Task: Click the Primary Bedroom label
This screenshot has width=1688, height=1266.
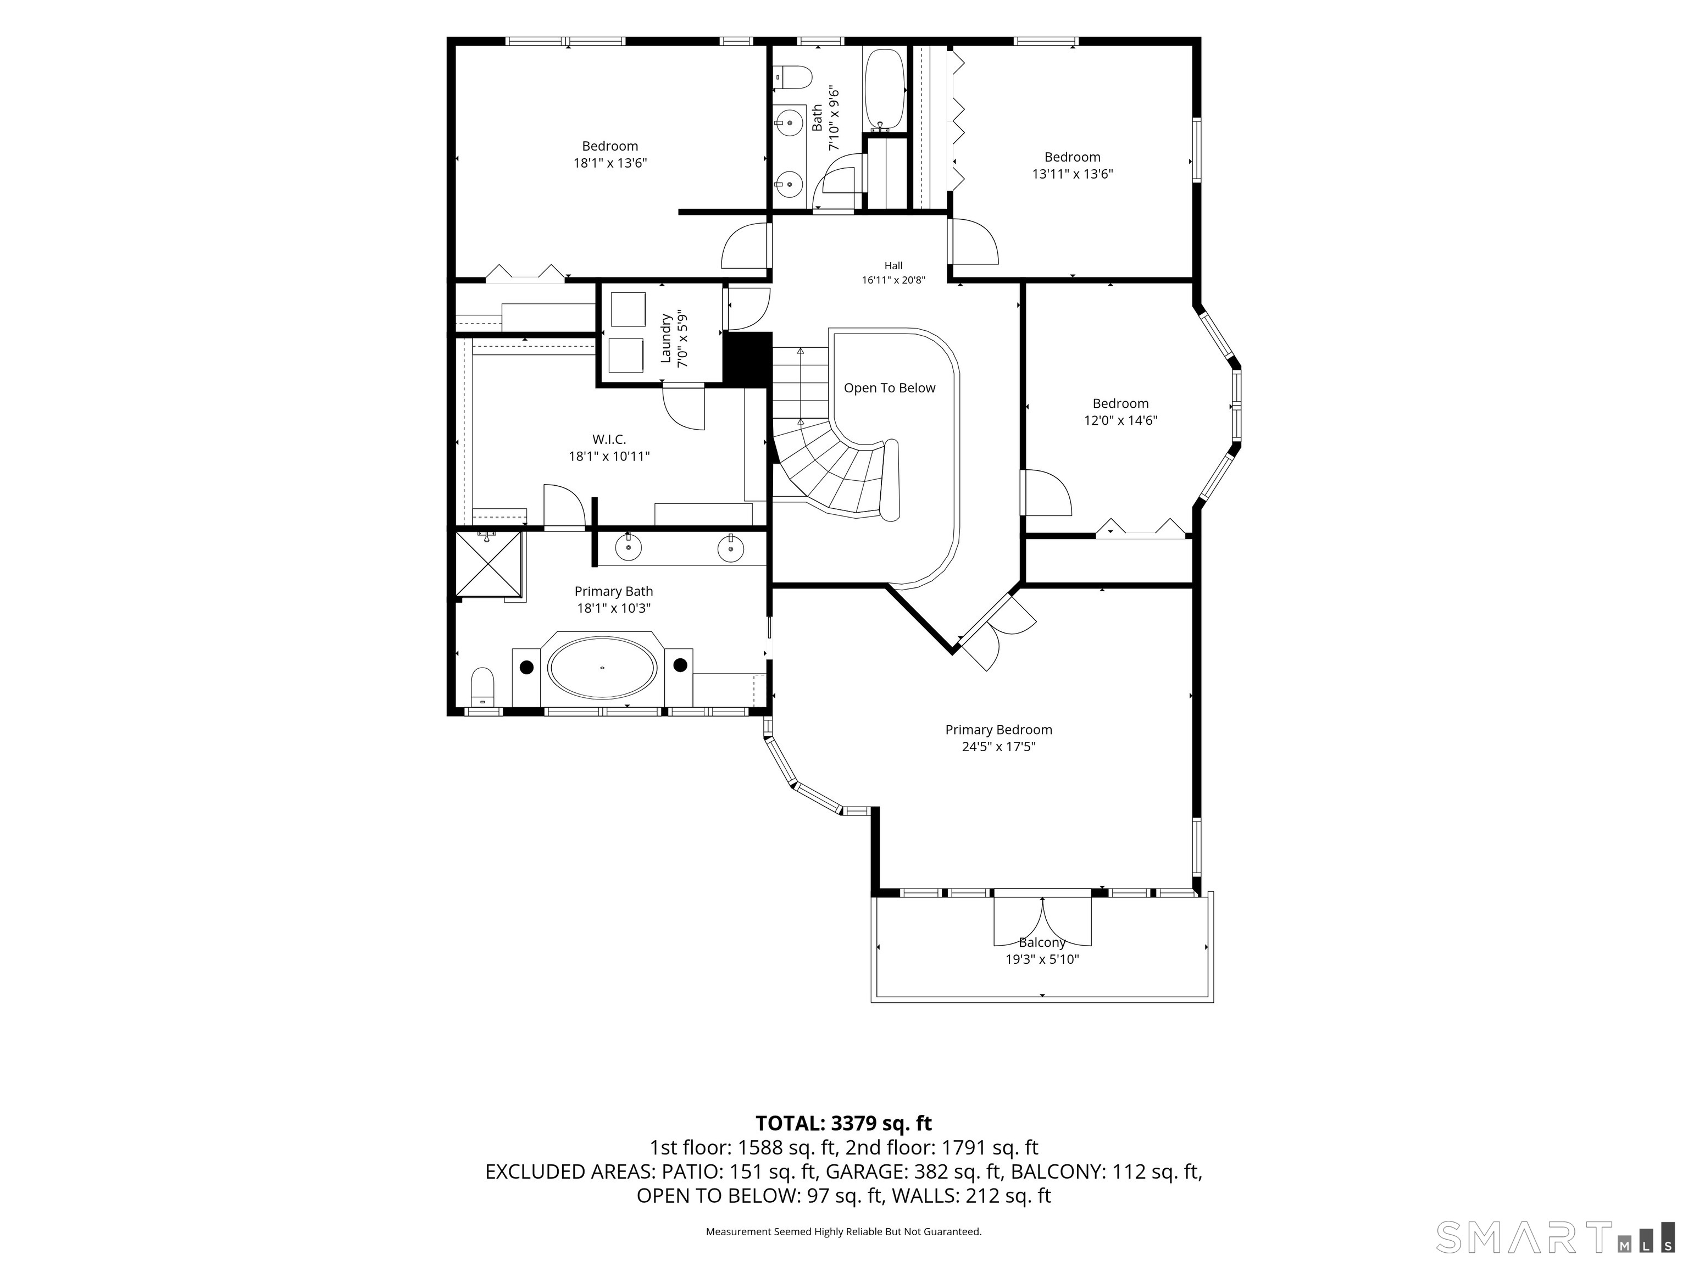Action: coord(998,730)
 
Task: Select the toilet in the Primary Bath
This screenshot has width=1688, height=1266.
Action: coord(482,687)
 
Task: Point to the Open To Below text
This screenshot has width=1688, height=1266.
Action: coord(889,388)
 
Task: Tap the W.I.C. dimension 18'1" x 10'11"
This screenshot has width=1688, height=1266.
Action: coord(609,456)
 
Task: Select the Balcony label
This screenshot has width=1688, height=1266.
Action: coord(1042,942)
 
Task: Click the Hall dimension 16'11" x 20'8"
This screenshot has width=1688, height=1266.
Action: coord(893,280)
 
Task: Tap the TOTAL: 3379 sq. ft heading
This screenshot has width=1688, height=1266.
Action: coord(843,1123)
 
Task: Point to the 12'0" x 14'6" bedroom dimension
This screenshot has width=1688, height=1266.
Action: coord(1120,420)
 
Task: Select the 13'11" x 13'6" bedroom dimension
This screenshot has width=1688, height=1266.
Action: coord(1072,174)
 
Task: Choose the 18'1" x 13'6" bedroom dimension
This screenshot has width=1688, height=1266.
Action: coord(610,163)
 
